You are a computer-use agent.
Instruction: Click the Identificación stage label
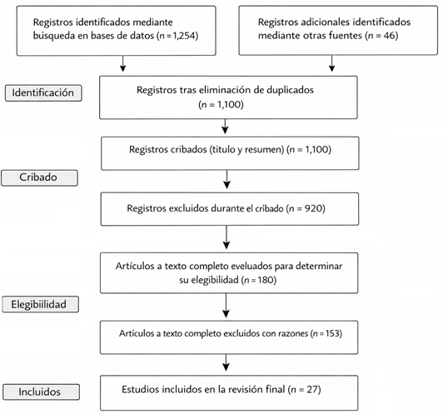pyautogui.click(x=43, y=92)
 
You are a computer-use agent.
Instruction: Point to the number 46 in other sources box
pyautogui.click(x=390, y=36)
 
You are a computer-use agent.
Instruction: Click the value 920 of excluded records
pyautogui.click(x=314, y=208)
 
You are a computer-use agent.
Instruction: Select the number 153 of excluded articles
pyautogui.click(x=332, y=333)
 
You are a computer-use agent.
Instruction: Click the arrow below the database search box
pyautogui.click(x=122, y=63)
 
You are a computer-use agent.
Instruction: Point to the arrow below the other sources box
pyautogui.click(x=332, y=63)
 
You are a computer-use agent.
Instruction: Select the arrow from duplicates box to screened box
pyautogui.click(x=225, y=127)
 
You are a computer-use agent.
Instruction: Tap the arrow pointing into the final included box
pyautogui.click(x=226, y=362)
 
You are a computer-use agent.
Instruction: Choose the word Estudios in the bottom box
pyautogui.click(x=138, y=389)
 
